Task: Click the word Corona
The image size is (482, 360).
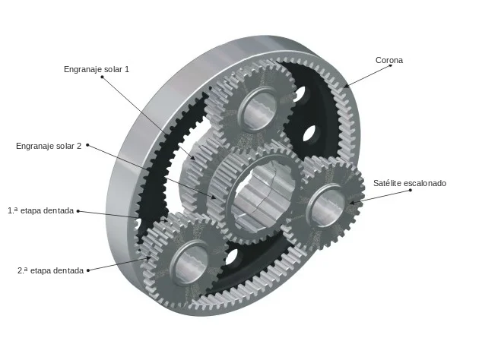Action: [x=388, y=60]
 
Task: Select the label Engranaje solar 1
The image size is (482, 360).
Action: [x=97, y=69]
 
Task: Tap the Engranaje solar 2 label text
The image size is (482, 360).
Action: [x=49, y=146]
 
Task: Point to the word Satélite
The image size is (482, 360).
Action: [x=387, y=183]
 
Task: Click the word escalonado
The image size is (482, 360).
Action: [x=424, y=183]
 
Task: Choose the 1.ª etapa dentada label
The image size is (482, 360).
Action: [x=40, y=210]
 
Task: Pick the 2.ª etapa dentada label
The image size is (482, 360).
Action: [x=50, y=270]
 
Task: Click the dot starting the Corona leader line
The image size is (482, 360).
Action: [x=391, y=65]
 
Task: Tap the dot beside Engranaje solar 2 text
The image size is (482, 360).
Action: [x=87, y=145]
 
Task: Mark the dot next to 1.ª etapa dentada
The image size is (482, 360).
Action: [x=78, y=211]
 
